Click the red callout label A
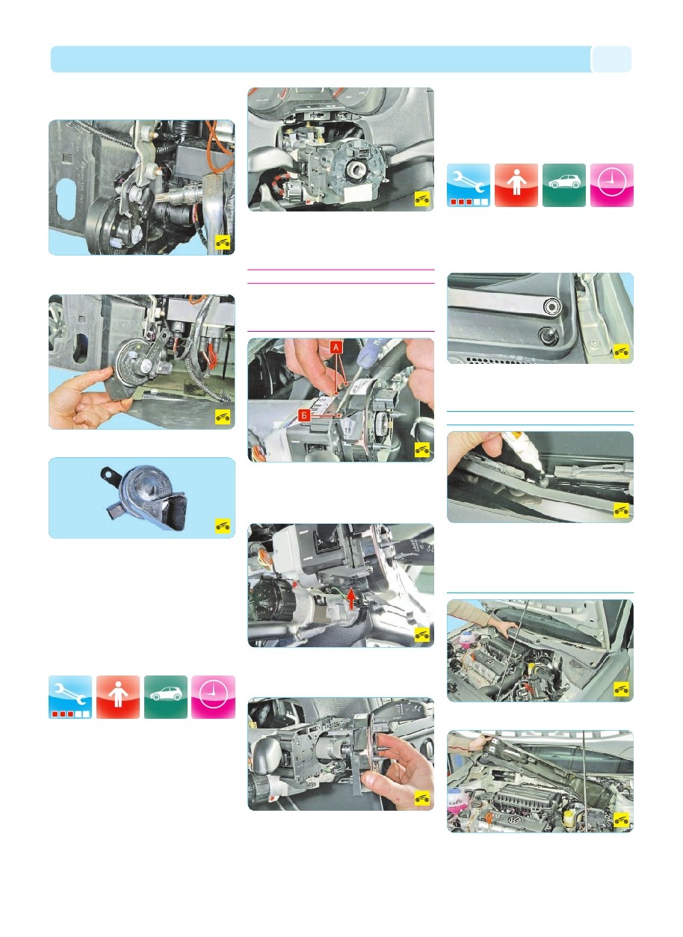click(x=336, y=347)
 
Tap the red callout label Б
click(x=304, y=415)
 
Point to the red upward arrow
click(x=351, y=599)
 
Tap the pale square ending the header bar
click(x=611, y=59)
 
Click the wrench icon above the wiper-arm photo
click(x=468, y=185)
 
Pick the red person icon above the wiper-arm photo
click(x=516, y=185)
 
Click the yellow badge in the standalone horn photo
click(x=223, y=526)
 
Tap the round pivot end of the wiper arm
click(x=552, y=306)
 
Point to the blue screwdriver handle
click(x=371, y=348)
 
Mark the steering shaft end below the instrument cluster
click(x=355, y=169)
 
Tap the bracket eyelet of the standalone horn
click(x=108, y=474)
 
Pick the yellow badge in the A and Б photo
click(x=422, y=450)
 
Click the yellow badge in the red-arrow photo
click(x=422, y=634)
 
